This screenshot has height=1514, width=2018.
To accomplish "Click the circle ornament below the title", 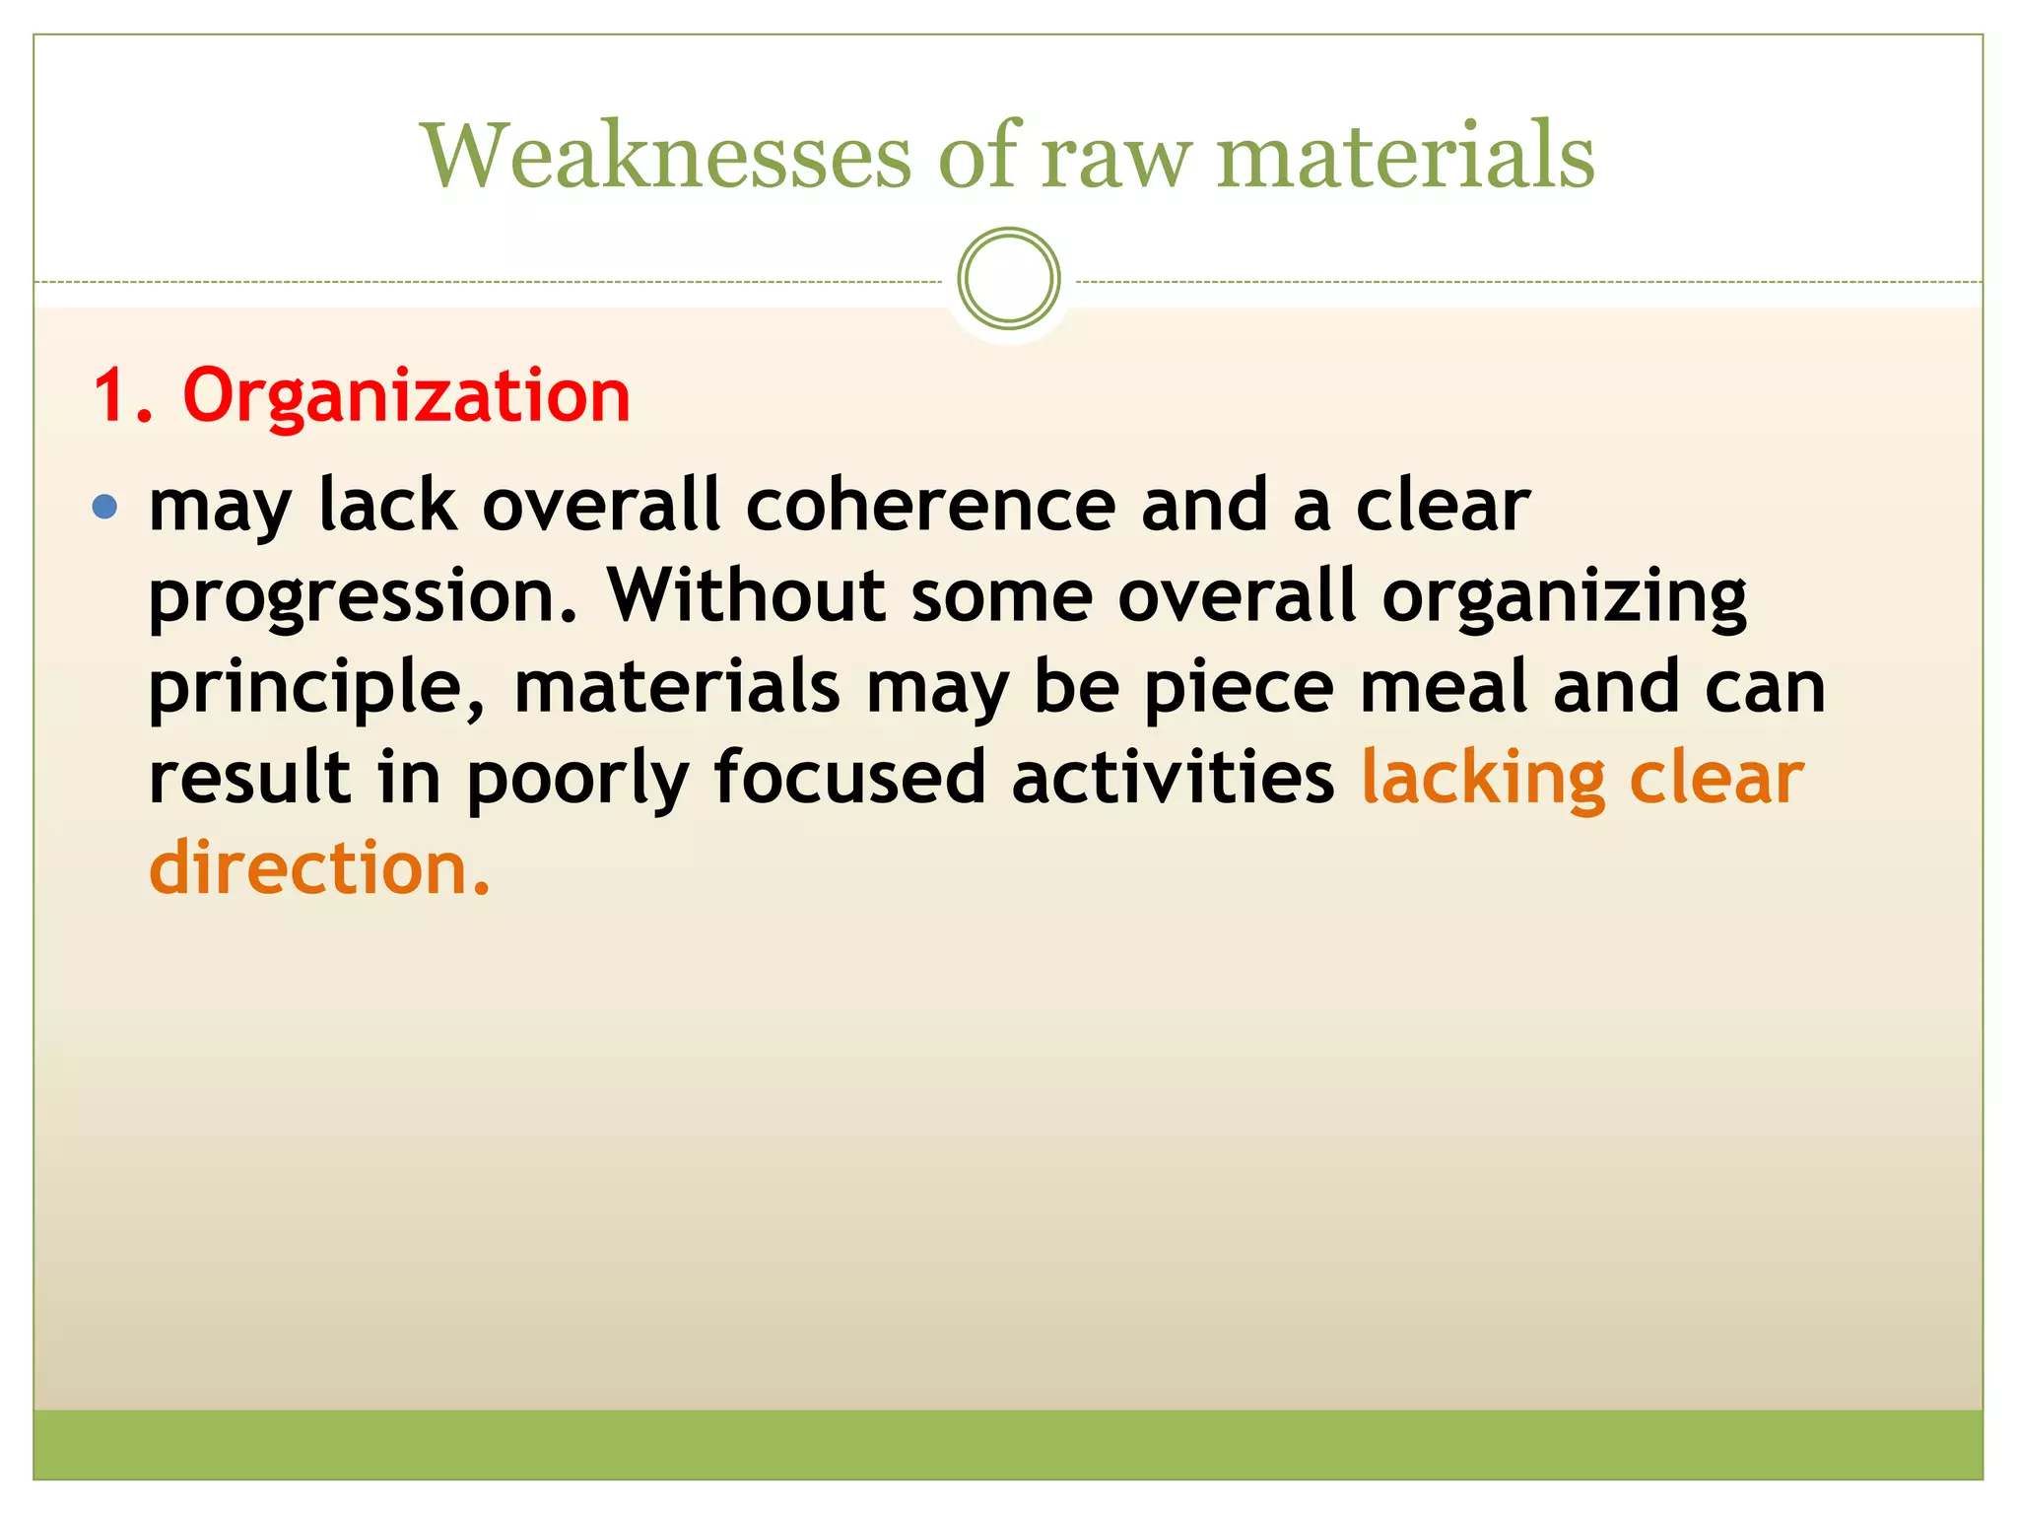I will click(1008, 279).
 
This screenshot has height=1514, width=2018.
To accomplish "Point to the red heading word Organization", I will click(406, 396).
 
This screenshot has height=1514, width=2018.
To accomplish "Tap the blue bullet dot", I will click(104, 508).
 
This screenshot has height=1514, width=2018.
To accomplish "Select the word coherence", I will click(930, 506).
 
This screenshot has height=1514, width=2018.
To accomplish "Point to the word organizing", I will click(1564, 597).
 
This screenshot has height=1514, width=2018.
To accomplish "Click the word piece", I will click(1239, 688).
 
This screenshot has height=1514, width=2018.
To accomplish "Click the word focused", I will click(849, 777).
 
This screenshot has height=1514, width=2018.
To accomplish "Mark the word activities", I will click(1173, 777).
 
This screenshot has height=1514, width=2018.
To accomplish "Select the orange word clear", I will click(1716, 777).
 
